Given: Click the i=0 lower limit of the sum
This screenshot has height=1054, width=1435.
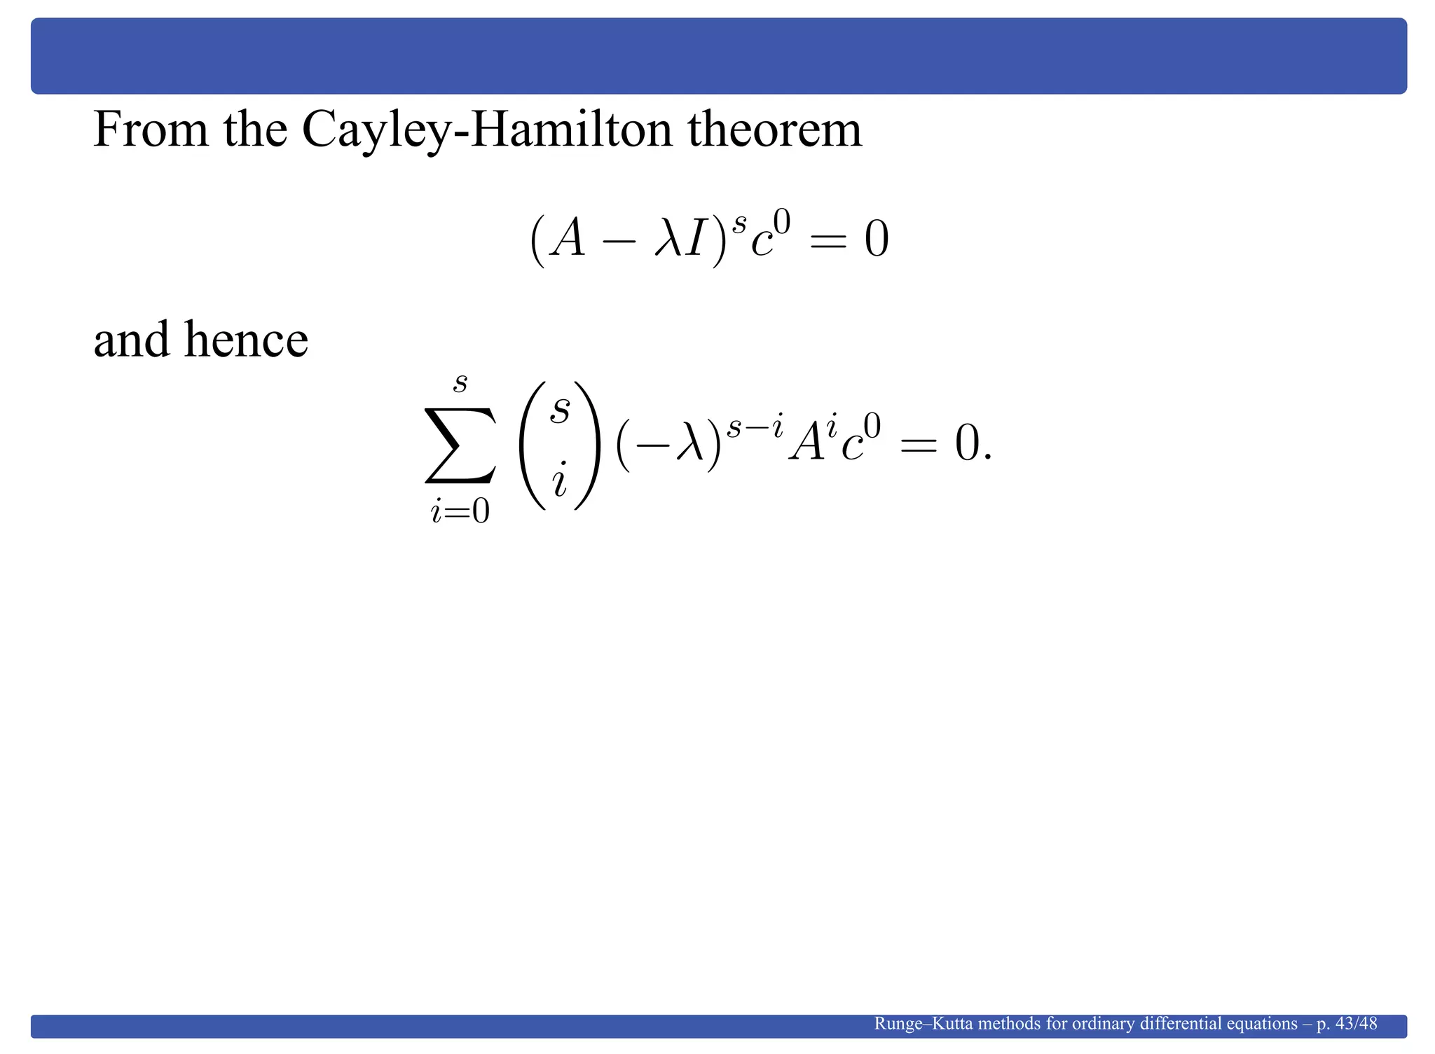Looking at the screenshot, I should [460, 512].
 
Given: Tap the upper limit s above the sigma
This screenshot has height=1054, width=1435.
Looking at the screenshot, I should [460, 383].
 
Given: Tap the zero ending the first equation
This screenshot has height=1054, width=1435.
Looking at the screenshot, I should [876, 240].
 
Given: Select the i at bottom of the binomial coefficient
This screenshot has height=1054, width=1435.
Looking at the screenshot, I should [559, 483].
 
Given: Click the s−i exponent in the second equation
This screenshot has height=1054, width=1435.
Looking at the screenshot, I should [755, 427].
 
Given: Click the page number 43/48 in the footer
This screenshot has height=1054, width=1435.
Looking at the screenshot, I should [1357, 1024].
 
